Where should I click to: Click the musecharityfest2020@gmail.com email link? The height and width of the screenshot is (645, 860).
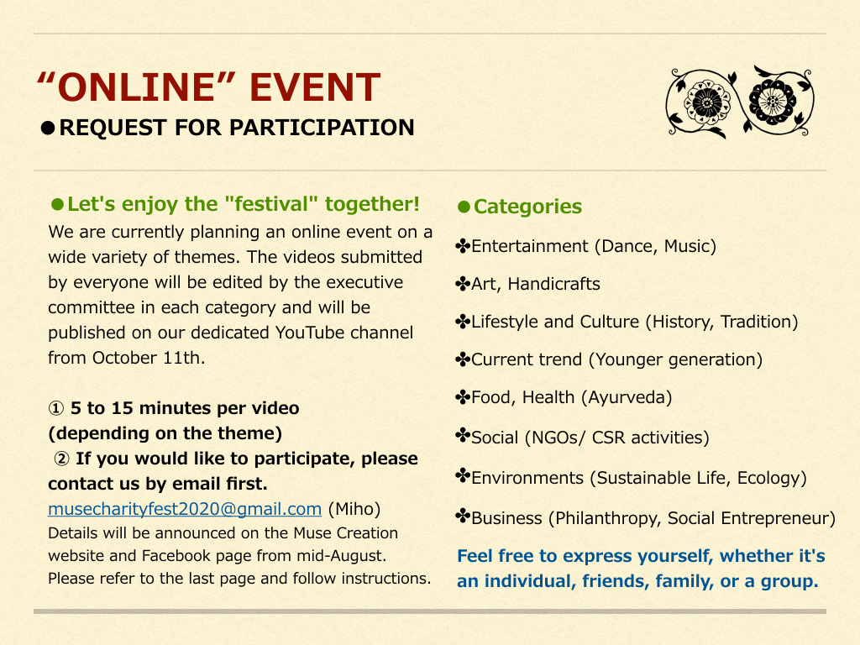(185, 510)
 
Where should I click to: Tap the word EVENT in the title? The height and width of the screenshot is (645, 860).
(315, 87)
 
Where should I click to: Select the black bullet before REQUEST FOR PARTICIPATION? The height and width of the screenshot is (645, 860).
(48, 128)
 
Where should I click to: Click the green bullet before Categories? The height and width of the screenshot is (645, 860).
(464, 207)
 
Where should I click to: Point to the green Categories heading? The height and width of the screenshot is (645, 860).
(527, 207)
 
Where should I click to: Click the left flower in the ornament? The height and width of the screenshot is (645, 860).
(707, 101)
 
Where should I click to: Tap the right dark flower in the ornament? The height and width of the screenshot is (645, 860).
(773, 101)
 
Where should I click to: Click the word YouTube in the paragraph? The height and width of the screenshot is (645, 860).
(310, 333)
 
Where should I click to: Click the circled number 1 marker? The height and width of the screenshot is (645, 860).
(56, 409)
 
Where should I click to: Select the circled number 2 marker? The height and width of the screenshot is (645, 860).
(61, 459)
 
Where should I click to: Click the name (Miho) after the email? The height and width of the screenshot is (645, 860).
(354, 510)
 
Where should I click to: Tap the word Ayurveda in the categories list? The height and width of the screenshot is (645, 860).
(629, 397)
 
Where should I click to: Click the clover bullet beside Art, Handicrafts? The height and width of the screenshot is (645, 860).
(463, 284)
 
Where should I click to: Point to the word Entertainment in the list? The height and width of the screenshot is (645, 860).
(530, 246)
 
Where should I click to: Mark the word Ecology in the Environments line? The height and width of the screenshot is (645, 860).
(772, 478)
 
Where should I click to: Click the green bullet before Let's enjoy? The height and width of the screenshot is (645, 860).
(58, 205)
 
